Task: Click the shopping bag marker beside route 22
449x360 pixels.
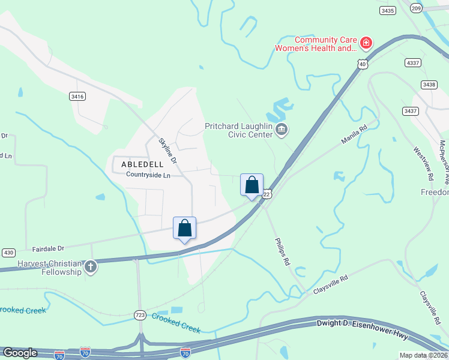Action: click(x=252, y=185)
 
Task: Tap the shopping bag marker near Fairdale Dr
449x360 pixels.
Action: click(x=184, y=228)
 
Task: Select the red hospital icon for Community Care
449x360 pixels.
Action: click(x=366, y=43)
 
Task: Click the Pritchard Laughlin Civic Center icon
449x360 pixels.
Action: click(x=282, y=129)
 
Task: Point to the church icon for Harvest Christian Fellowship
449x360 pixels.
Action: click(x=90, y=266)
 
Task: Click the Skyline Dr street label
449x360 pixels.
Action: click(x=167, y=151)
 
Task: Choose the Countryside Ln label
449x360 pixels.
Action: click(x=148, y=175)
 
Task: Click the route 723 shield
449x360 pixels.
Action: click(x=140, y=314)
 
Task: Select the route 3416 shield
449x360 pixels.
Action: click(x=77, y=95)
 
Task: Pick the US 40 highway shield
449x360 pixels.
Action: click(x=361, y=64)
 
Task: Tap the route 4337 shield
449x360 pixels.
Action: click(x=413, y=62)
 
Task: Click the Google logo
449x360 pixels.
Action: click(x=20, y=353)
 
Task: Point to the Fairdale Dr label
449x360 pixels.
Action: click(x=49, y=247)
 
